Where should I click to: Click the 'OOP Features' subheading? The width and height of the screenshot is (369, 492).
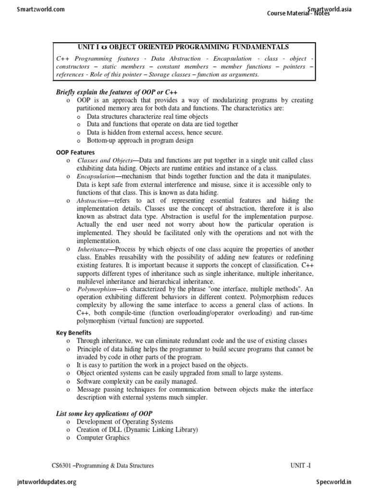75,152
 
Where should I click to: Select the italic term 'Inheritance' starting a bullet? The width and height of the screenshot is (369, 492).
93,249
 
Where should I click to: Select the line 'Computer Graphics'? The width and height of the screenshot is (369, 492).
103,438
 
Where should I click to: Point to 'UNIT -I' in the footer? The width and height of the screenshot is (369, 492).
303,466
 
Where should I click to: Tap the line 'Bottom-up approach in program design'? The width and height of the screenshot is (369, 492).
140,141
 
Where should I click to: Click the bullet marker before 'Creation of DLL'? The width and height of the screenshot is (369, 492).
69,430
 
